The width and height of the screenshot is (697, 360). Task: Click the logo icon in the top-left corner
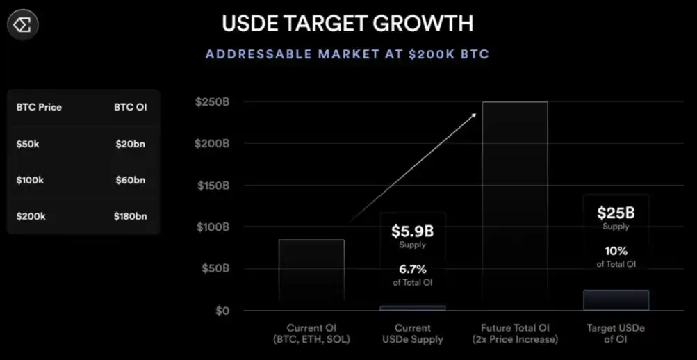click(23, 26)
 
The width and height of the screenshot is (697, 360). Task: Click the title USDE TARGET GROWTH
click(347, 23)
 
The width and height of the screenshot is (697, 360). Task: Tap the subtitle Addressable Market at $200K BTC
click(347, 54)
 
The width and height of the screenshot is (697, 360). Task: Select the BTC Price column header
click(39, 107)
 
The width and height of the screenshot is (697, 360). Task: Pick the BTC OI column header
click(131, 107)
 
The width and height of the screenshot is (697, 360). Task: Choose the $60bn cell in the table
click(130, 180)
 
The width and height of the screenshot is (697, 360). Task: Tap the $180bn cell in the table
click(131, 216)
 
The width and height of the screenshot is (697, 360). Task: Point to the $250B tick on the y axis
click(212, 102)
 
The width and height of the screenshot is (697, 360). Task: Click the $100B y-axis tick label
click(212, 227)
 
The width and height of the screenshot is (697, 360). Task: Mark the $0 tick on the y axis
click(221, 311)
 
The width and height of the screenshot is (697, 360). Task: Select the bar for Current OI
click(311, 275)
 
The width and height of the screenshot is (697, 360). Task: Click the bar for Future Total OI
click(515, 206)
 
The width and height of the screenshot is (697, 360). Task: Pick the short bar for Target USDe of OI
click(616, 300)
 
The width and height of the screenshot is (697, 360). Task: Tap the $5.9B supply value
click(412, 231)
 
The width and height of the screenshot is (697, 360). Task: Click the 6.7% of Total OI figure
click(412, 269)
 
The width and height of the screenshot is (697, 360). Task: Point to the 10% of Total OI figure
click(616, 251)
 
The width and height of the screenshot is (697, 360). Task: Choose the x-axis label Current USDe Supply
click(413, 333)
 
